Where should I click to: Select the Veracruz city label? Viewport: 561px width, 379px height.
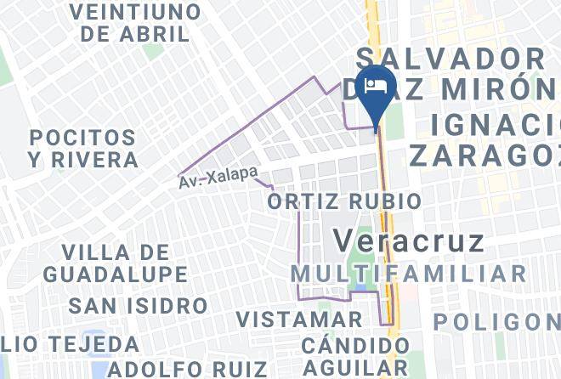pyautogui.click(x=408, y=240)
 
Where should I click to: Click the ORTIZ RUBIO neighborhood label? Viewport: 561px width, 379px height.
pyautogui.click(x=343, y=201)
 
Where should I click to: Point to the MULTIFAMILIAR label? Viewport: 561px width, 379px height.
pyautogui.click(x=408, y=274)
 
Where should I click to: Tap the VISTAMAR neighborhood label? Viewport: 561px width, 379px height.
pyautogui.click(x=299, y=320)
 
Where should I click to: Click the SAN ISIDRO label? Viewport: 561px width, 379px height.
pyautogui.click(x=138, y=305)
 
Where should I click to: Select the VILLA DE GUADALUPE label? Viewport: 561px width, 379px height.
pyautogui.click(x=116, y=263)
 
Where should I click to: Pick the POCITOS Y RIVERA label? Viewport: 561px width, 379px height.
pyautogui.click(x=82, y=148)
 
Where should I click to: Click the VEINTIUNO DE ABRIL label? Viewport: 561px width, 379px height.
pyautogui.click(x=136, y=23)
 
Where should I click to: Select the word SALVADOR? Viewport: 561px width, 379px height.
pyautogui.click(x=450, y=59)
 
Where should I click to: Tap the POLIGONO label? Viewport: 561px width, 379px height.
pyautogui.click(x=496, y=322)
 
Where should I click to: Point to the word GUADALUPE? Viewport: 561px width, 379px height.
pyautogui.click(x=116, y=274)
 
